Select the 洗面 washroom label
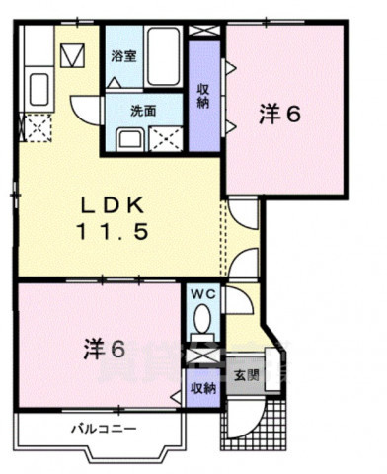tap(143, 111)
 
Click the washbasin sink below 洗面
tap(128, 138)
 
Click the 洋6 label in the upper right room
tap(279, 114)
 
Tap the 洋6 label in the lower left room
tap(103, 349)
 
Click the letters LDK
tap(112, 204)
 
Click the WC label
tap(201, 294)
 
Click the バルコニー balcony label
tap(103, 430)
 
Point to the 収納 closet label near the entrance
tap(202, 388)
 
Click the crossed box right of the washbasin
tap(165, 138)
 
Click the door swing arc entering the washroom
tap(87, 107)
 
